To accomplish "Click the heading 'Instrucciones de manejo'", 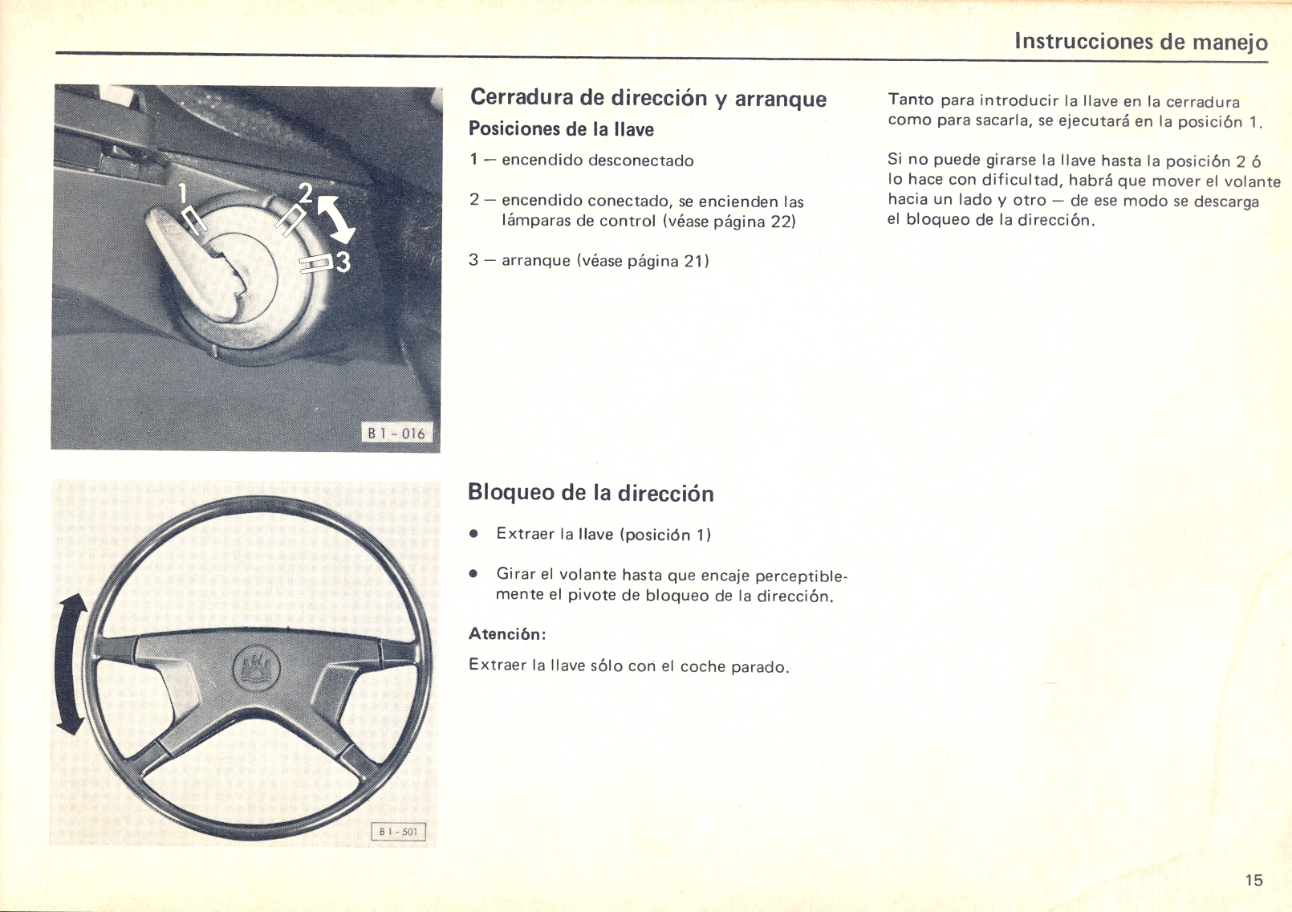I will (1140, 41).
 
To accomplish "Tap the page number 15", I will (1253, 880).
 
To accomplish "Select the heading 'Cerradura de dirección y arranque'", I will (648, 98).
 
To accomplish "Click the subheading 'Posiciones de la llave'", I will (560, 129).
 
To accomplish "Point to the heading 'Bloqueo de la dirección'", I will (590, 492).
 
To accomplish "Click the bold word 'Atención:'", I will (506, 634).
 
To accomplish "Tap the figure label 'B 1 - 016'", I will (396, 434).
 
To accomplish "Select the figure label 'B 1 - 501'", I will (398, 832).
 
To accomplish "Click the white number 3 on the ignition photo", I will (343, 262).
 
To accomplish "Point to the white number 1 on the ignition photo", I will (182, 193).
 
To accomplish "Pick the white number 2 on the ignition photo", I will (306, 193).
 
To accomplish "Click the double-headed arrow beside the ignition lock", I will (337, 219).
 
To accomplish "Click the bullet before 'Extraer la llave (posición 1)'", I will (474, 534).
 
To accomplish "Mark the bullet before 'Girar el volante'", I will (474, 574).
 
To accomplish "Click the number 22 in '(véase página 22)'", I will (780, 222).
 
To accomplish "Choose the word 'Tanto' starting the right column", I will (910, 100).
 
